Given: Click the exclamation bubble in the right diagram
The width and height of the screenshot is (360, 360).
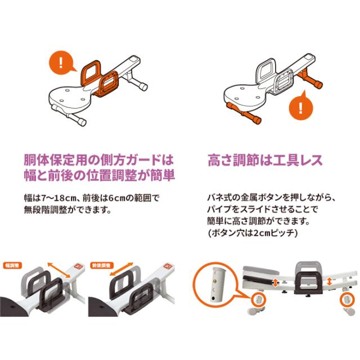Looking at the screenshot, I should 303,106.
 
